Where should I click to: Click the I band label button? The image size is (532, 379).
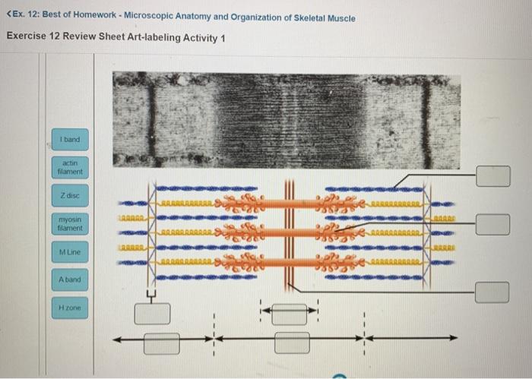(x=72, y=140)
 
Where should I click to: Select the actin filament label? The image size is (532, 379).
(x=72, y=167)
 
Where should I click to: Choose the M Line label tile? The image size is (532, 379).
(x=72, y=251)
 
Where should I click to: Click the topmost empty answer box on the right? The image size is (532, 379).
(x=493, y=176)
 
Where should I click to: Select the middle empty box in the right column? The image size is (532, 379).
(x=493, y=223)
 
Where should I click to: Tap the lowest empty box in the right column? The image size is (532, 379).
(x=493, y=292)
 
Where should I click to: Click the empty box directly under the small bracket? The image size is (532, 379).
(x=152, y=312)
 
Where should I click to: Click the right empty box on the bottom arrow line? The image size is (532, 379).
(x=293, y=342)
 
